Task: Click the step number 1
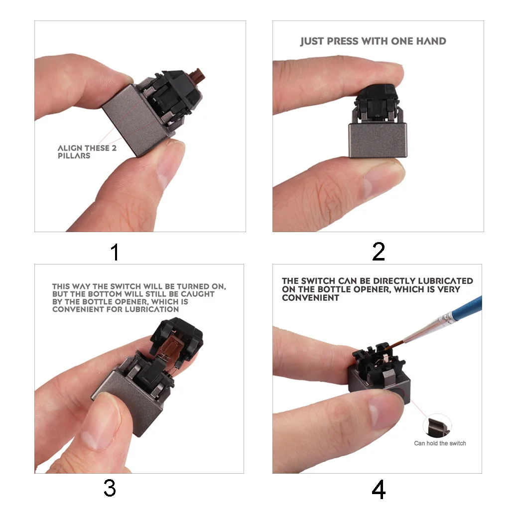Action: (115, 252)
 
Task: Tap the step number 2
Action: (379, 252)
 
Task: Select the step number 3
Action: (110, 488)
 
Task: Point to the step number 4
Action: (379, 490)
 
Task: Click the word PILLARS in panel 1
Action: (74, 156)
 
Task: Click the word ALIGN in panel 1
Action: (70, 148)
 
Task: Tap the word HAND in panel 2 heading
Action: (431, 41)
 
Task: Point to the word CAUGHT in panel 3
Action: (198, 294)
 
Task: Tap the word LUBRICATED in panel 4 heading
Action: (445, 281)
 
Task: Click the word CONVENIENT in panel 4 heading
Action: (310, 298)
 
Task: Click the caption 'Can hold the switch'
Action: (440, 443)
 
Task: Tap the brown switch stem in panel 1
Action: (199, 75)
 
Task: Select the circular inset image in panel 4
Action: (437, 426)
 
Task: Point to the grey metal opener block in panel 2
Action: (378, 140)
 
